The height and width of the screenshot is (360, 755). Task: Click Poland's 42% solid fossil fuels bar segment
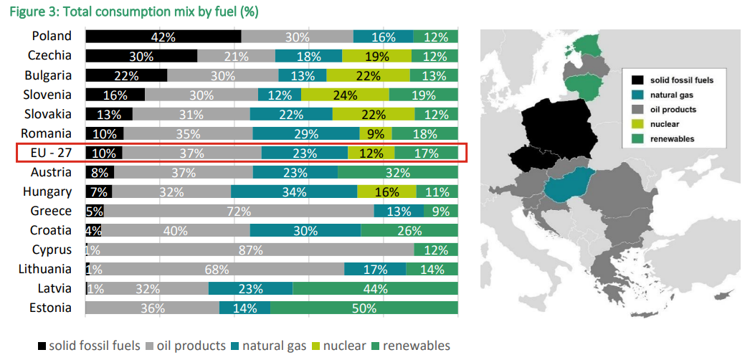click(x=163, y=37)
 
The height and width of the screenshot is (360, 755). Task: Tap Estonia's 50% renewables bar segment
click(x=364, y=308)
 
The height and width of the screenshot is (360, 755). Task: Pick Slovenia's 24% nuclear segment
click(x=345, y=95)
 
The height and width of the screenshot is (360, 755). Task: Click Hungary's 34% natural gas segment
click(x=294, y=191)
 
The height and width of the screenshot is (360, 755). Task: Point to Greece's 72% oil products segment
click(x=239, y=211)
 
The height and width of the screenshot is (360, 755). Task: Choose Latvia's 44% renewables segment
click(x=375, y=288)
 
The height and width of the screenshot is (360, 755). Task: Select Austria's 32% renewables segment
click(x=397, y=172)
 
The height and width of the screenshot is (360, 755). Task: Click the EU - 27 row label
click(x=52, y=153)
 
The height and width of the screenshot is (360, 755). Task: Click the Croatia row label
click(x=50, y=230)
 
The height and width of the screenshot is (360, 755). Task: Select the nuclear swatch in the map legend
click(x=636, y=124)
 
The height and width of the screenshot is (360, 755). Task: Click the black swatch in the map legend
click(x=636, y=80)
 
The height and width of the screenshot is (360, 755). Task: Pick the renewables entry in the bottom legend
click(x=410, y=346)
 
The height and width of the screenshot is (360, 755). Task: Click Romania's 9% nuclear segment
click(x=375, y=133)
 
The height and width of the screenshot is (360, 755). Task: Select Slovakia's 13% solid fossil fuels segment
click(x=109, y=114)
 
